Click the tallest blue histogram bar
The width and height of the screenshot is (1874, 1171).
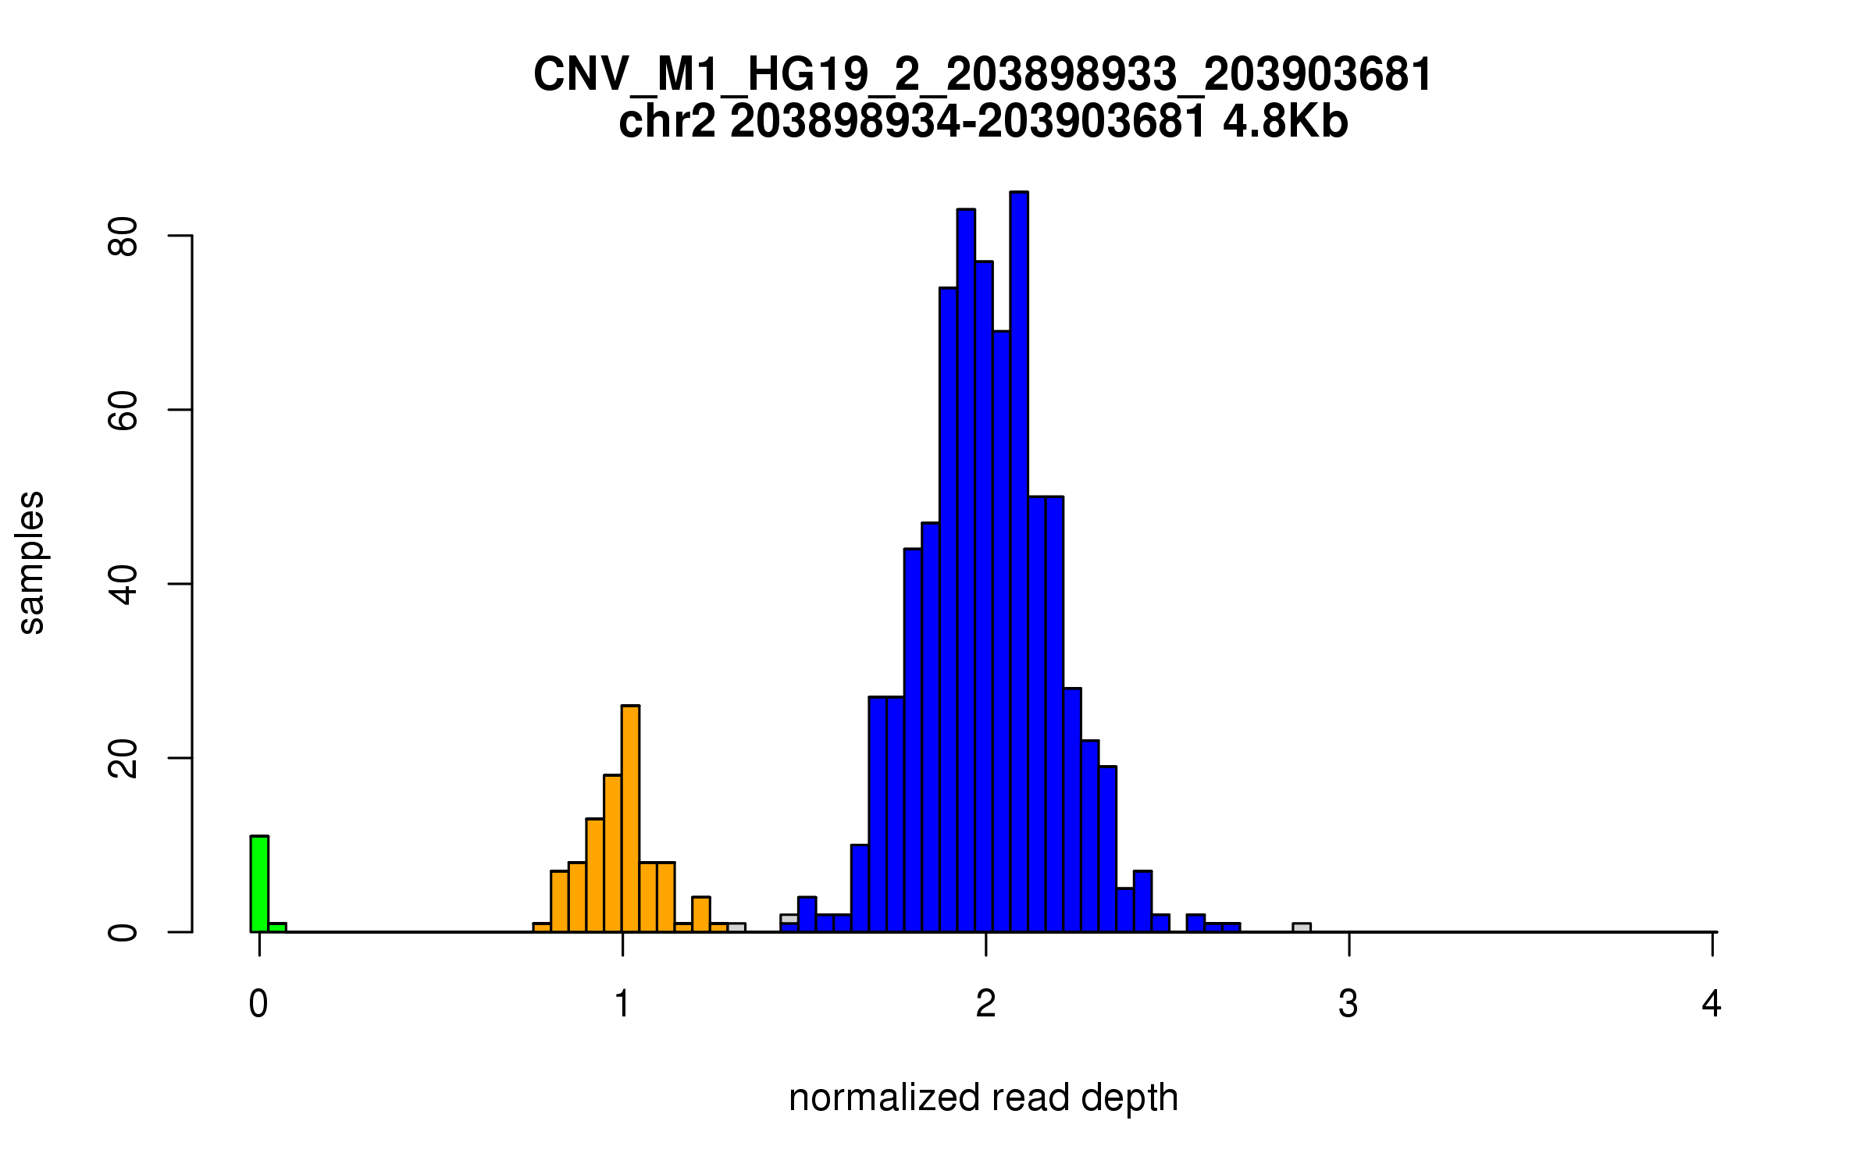1019,562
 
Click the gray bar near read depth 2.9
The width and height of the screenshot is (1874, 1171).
1302,927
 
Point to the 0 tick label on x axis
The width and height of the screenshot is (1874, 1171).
259,1004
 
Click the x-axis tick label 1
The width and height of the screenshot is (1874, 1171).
622,1004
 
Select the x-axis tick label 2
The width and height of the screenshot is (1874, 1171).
986,1004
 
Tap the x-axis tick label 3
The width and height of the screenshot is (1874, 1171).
1348,1004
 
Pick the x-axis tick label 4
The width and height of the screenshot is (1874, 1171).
1712,1004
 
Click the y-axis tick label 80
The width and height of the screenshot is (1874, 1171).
123,236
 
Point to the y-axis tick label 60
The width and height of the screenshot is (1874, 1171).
123,410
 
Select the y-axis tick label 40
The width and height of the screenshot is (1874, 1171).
123,584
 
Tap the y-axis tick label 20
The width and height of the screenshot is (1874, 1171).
123,758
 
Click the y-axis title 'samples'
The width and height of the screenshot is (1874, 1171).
31,562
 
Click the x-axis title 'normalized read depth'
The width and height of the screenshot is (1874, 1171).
983,1098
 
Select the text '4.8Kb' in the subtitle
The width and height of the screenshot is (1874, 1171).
1285,123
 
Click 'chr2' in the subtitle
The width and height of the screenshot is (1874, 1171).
667,123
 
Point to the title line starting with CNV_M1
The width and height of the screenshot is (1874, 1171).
983,75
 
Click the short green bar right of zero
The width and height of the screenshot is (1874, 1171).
277,927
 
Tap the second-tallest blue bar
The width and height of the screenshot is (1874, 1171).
966,570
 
